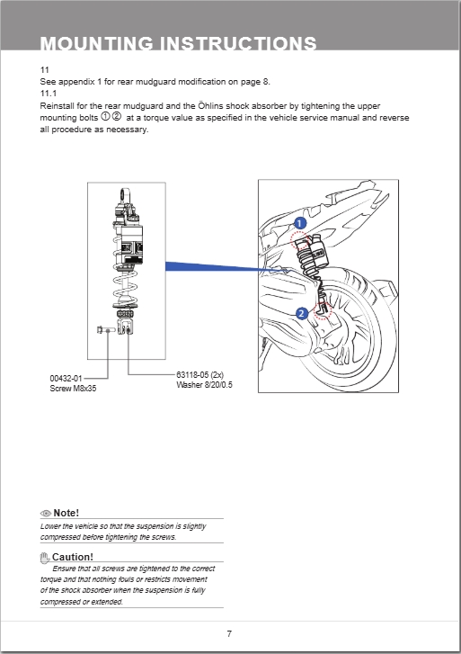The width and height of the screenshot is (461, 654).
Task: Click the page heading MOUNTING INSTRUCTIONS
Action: click(178, 43)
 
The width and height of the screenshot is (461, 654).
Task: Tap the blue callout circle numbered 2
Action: click(301, 313)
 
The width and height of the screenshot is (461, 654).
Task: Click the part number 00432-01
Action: click(66, 379)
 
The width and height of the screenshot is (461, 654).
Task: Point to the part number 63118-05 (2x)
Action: click(199, 375)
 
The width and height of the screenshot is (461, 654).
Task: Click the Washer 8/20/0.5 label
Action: click(204, 385)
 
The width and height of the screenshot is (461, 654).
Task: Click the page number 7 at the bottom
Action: click(229, 633)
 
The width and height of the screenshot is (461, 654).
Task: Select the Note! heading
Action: click(66, 512)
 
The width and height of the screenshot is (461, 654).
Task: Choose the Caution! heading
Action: click(73, 557)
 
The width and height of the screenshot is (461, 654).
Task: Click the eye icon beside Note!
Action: click(47, 512)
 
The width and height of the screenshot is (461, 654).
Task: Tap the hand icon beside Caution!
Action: click(46, 557)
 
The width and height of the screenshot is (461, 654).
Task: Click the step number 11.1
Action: click(49, 93)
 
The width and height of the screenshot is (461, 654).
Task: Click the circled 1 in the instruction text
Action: click(105, 117)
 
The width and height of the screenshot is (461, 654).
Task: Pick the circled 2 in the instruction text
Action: click(117, 117)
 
